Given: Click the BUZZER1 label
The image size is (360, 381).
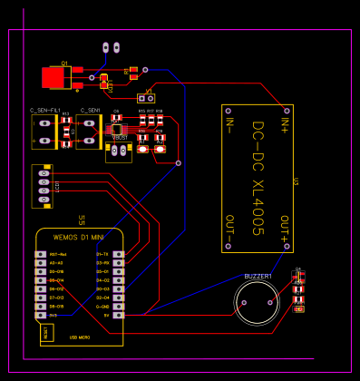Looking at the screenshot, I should pyautogui.click(x=258, y=276).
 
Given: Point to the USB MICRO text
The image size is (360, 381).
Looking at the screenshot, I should pyautogui.click(x=80, y=337).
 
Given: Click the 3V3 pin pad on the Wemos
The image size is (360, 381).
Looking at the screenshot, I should pyautogui.click(x=40, y=315).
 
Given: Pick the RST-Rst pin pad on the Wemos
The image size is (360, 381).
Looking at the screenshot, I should pyautogui.click(x=40, y=254).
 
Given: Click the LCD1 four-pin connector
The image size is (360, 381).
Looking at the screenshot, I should pyautogui.click(x=42, y=186).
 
